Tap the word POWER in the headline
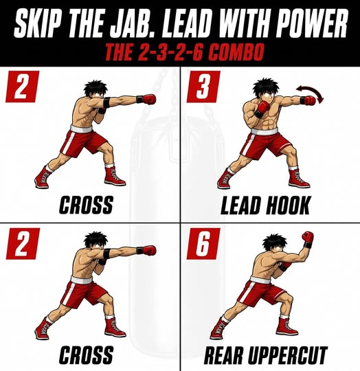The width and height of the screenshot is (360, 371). point(308,23)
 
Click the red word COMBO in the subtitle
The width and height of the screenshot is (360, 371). point(236,52)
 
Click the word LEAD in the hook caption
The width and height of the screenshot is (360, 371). point(241,205)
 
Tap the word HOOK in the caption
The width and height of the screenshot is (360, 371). point(288,205)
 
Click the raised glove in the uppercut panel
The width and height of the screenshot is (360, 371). point(308,237)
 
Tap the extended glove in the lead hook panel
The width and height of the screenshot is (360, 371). point(309,101)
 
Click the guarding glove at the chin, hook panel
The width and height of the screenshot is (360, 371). point(264,107)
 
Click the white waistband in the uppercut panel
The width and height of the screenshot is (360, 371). point(260,280)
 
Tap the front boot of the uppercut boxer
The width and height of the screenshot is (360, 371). point(286,327)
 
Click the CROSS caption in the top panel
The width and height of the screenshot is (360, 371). point(86,205)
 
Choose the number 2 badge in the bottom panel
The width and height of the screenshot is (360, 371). point(23,244)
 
